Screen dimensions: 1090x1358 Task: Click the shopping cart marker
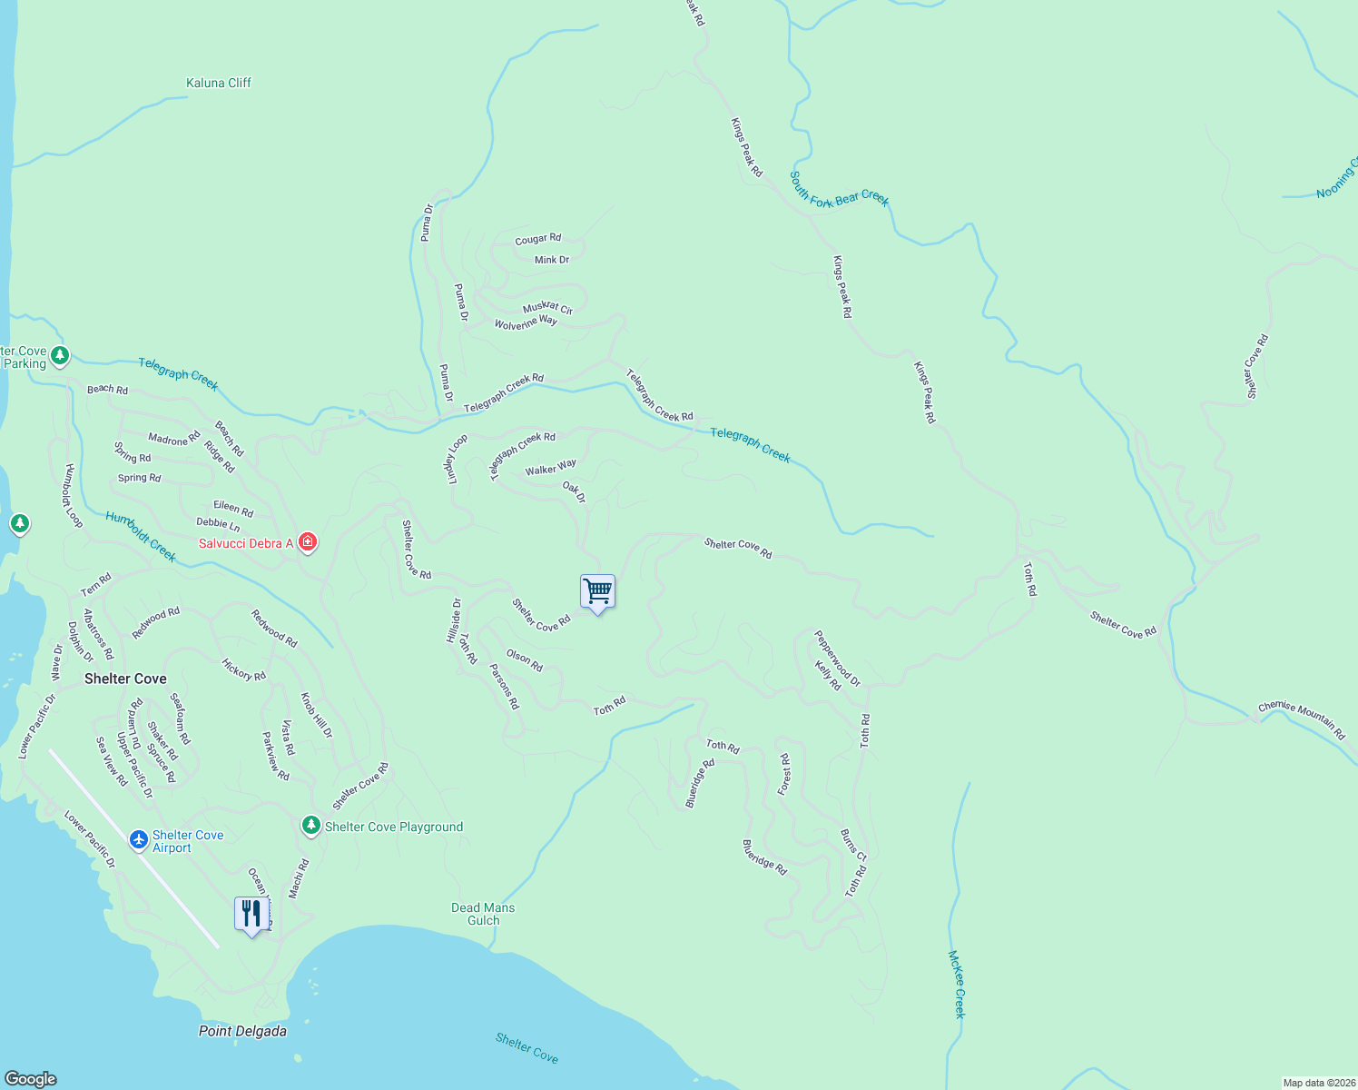597,592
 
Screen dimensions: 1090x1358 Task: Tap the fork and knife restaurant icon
251,914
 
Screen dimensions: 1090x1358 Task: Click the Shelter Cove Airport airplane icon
138,839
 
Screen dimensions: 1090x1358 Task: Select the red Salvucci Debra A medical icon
308,542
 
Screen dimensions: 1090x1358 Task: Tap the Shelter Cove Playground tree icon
310,826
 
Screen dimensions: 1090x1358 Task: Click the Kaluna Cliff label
218,83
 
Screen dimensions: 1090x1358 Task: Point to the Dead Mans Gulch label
483,914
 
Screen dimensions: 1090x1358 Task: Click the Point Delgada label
242,1031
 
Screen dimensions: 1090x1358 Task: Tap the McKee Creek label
958,984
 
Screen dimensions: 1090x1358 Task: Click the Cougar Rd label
537,239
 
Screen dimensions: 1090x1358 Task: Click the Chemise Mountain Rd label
1301,718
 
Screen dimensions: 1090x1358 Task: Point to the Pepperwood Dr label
837,659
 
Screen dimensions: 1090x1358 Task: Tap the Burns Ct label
853,845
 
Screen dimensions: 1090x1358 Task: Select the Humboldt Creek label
141,536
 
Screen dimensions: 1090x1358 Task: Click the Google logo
30,1079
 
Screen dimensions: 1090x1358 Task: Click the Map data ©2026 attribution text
1317,1083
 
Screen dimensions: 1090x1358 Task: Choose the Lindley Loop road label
458,459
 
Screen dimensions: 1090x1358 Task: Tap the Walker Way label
550,468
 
